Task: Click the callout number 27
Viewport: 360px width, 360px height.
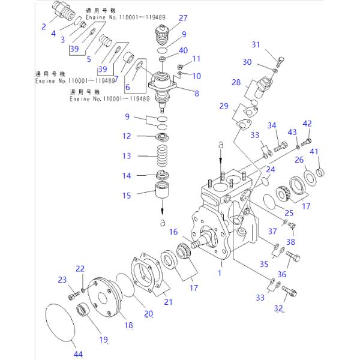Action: point(166,17)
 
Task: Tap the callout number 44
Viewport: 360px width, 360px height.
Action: point(78,354)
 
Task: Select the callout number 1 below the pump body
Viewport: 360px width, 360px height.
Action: point(220,272)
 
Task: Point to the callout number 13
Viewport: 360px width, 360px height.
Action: point(126,156)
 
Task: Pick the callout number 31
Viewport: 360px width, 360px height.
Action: point(256,45)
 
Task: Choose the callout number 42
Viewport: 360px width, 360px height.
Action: point(307,124)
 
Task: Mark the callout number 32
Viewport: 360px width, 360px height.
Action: point(278,308)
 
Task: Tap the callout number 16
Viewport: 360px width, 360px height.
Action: point(173,232)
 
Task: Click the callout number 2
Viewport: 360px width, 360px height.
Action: point(43,26)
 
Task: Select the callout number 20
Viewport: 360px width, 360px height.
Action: point(148,313)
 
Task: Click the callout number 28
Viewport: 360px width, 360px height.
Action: point(236,82)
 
